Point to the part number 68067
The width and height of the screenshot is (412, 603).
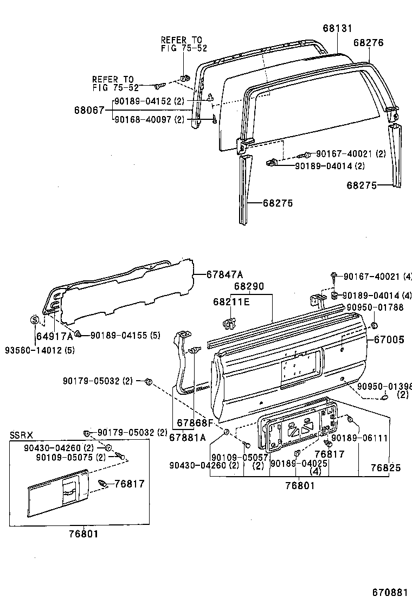point(89,110)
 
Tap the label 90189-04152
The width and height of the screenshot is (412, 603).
point(143,101)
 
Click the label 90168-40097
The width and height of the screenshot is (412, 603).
point(143,119)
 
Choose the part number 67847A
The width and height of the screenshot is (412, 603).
point(225,274)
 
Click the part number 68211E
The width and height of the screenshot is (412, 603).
point(231,302)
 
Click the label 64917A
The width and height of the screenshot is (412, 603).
point(55,336)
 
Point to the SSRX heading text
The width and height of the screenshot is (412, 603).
point(21,435)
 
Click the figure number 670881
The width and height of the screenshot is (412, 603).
point(389,592)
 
